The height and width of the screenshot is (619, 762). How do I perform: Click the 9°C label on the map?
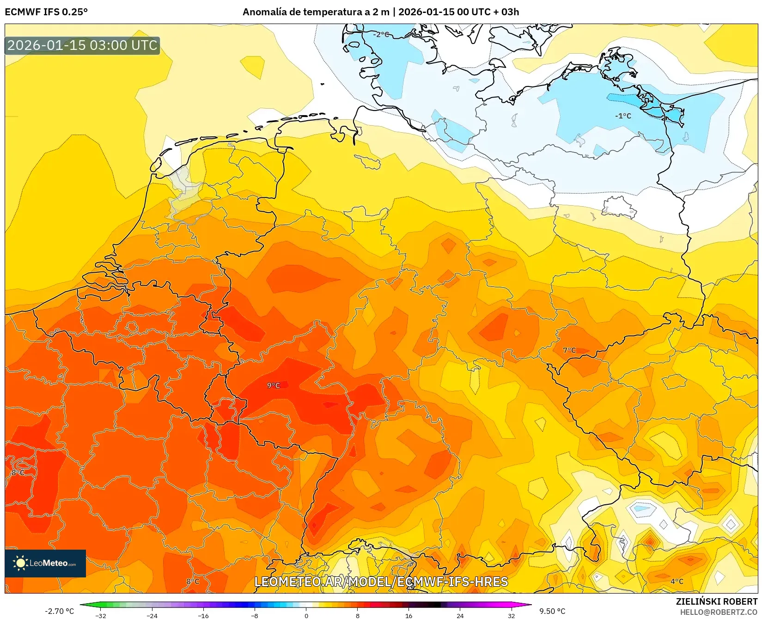point(274,386)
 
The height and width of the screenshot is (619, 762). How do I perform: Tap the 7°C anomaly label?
point(569,350)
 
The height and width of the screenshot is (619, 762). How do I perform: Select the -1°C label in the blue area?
point(623,116)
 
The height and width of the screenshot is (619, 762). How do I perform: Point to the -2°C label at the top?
point(381,35)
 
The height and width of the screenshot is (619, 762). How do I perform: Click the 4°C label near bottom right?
point(677,582)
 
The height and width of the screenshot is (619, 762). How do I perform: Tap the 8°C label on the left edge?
point(18,473)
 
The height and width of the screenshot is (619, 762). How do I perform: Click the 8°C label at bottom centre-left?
point(193,582)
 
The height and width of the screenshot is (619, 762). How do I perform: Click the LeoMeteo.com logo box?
point(45,563)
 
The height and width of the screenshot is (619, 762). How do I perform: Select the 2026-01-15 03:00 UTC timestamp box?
point(82,45)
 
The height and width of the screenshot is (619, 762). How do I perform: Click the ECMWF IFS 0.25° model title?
point(46,12)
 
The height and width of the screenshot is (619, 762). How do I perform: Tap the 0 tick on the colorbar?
point(306,615)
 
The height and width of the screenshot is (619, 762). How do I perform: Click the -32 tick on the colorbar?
point(101,615)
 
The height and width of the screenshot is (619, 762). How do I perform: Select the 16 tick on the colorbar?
point(408,615)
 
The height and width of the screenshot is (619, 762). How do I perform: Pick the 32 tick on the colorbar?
point(511,615)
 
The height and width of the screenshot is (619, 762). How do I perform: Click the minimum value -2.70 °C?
point(59,611)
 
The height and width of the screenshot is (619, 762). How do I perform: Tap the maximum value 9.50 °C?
point(552,611)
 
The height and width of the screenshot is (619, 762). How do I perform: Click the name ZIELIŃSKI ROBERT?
point(717,601)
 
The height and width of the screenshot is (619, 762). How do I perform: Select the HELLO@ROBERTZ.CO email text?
point(719,612)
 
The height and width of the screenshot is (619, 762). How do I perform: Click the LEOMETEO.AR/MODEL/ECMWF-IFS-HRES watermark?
point(381,582)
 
